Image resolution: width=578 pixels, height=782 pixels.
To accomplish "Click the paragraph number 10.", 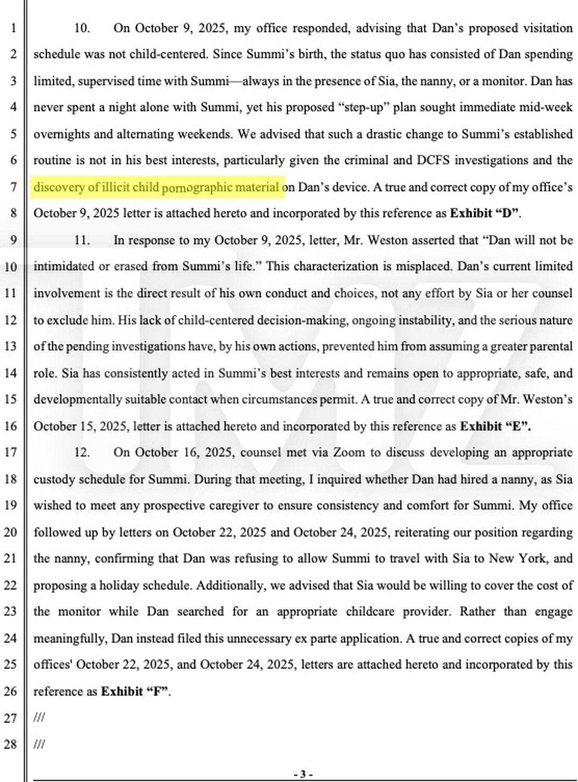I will coord(82,28).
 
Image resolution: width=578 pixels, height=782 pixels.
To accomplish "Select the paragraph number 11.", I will coord(82,240).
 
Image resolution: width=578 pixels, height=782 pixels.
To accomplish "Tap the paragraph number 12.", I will coord(82,453).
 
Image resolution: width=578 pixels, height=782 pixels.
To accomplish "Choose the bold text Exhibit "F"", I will coord(136,691).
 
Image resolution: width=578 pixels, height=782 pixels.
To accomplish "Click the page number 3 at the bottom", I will coord(303,774).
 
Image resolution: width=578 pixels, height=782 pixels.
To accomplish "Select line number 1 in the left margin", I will coord(13,28).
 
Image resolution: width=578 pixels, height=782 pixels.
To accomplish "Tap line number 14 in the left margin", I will coord(11,373).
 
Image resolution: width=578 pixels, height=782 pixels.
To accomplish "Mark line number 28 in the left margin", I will coord(11,744).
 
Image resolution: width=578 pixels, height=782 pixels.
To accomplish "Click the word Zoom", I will coord(349,453).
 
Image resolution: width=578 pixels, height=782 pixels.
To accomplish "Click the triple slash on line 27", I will coord(39,718).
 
